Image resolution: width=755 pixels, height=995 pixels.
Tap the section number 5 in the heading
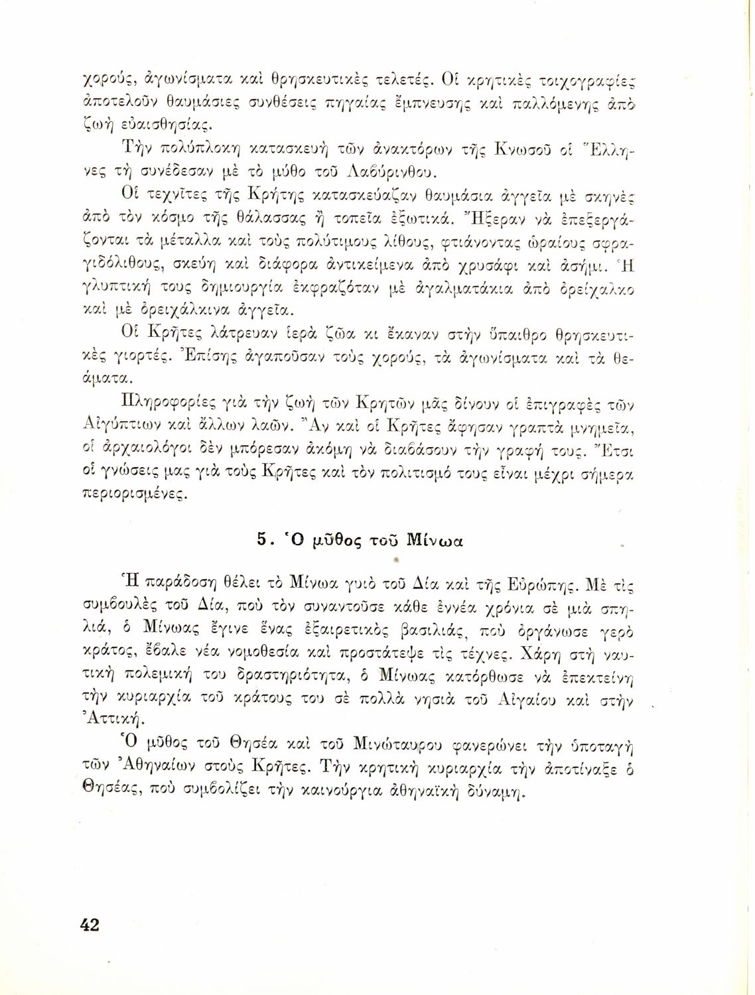(x=261, y=540)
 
